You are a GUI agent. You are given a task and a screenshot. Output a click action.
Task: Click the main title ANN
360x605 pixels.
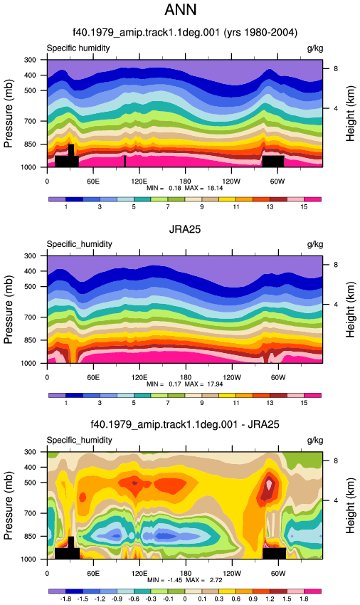click(x=180, y=9)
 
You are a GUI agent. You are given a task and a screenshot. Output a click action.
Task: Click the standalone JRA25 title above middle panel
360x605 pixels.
click(x=185, y=229)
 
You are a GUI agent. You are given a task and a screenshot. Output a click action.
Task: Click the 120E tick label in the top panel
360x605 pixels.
click(x=139, y=181)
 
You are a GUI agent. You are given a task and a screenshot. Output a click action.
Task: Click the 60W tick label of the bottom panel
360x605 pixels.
click(x=277, y=574)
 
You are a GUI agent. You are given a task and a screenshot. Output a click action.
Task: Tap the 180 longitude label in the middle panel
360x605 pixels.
click(x=185, y=377)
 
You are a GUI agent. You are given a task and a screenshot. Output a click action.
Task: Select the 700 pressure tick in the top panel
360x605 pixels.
click(x=30, y=121)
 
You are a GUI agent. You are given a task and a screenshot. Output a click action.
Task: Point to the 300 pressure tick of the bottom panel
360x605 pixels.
click(x=30, y=452)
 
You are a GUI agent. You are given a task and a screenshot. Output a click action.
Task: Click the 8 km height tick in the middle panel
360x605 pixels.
click(x=336, y=265)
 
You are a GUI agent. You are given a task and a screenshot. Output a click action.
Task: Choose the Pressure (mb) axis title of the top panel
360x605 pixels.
click(x=8, y=113)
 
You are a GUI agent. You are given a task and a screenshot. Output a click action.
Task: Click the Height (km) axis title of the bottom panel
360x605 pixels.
click(x=350, y=505)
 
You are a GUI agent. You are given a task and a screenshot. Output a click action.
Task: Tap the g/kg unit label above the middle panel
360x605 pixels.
click(x=315, y=244)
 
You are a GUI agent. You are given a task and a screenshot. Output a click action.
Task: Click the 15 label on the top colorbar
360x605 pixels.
click(x=304, y=207)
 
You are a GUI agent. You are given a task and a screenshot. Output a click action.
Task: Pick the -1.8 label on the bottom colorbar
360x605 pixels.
click(x=66, y=599)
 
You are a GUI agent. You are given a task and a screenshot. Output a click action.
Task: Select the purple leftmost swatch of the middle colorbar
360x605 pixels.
click(x=57, y=396)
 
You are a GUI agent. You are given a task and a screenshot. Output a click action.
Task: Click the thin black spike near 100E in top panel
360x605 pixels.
click(x=125, y=162)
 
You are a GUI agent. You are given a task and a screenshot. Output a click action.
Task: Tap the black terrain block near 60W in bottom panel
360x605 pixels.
click(x=275, y=553)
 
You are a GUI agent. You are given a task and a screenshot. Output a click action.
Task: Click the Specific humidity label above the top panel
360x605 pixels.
click(x=78, y=48)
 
